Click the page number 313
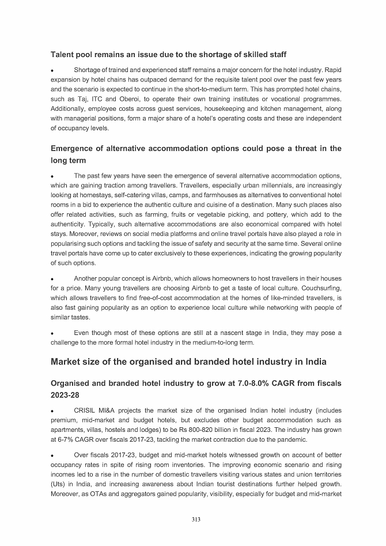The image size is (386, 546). coord(196,520)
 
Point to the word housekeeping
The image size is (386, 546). coord(215,108)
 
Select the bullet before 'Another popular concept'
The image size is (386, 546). coord(52,279)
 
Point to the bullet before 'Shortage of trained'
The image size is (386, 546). coord(52,71)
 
